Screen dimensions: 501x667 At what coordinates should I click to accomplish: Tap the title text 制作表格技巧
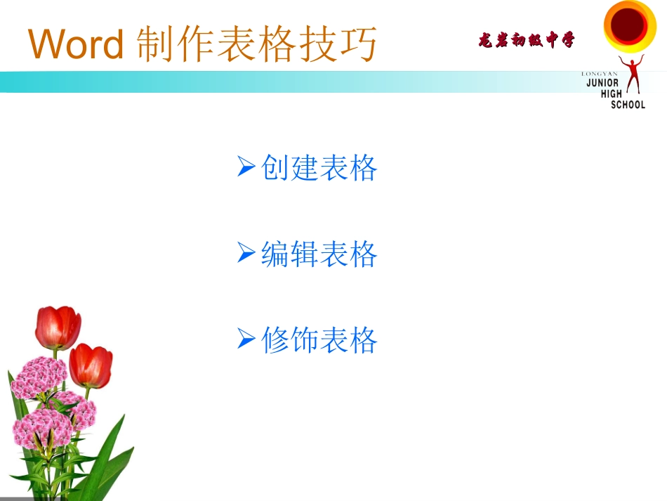(x=256, y=45)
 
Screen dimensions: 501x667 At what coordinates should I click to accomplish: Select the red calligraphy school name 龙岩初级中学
(x=526, y=41)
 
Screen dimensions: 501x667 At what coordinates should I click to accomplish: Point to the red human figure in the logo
(x=633, y=76)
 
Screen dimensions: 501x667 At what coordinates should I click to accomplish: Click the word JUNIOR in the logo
(x=602, y=82)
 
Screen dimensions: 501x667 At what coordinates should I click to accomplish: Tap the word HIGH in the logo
(x=611, y=93)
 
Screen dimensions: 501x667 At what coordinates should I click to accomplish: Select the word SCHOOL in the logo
(x=628, y=105)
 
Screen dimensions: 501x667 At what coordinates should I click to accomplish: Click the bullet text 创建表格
(x=319, y=168)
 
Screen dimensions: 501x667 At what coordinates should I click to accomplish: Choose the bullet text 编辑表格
(x=319, y=254)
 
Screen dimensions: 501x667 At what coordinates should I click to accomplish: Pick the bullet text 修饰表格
(x=319, y=341)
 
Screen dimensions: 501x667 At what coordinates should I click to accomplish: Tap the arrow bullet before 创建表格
(x=246, y=167)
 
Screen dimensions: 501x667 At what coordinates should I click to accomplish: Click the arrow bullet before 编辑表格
(x=246, y=253)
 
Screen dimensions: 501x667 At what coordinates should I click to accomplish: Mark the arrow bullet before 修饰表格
(x=246, y=340)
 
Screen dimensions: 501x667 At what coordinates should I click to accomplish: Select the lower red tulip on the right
(x=91, y=365)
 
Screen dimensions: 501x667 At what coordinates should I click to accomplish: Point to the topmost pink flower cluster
(x=39, y=377)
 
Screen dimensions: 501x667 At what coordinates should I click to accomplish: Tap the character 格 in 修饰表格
(x=364, y=341)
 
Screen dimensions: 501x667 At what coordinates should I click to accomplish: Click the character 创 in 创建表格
(x=275, y=168)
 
